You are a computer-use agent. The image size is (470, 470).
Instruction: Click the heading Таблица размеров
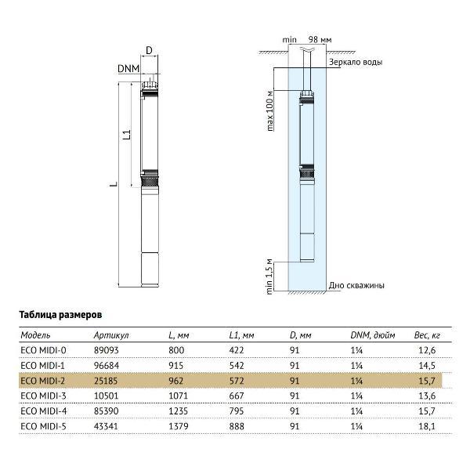[60, 313]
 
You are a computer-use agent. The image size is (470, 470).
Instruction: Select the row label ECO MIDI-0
[42, 351]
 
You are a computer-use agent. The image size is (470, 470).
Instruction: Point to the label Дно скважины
[357, 286]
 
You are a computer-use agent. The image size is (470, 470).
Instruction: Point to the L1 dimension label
[125, 137]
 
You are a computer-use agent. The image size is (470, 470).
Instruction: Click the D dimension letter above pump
[150, 51]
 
